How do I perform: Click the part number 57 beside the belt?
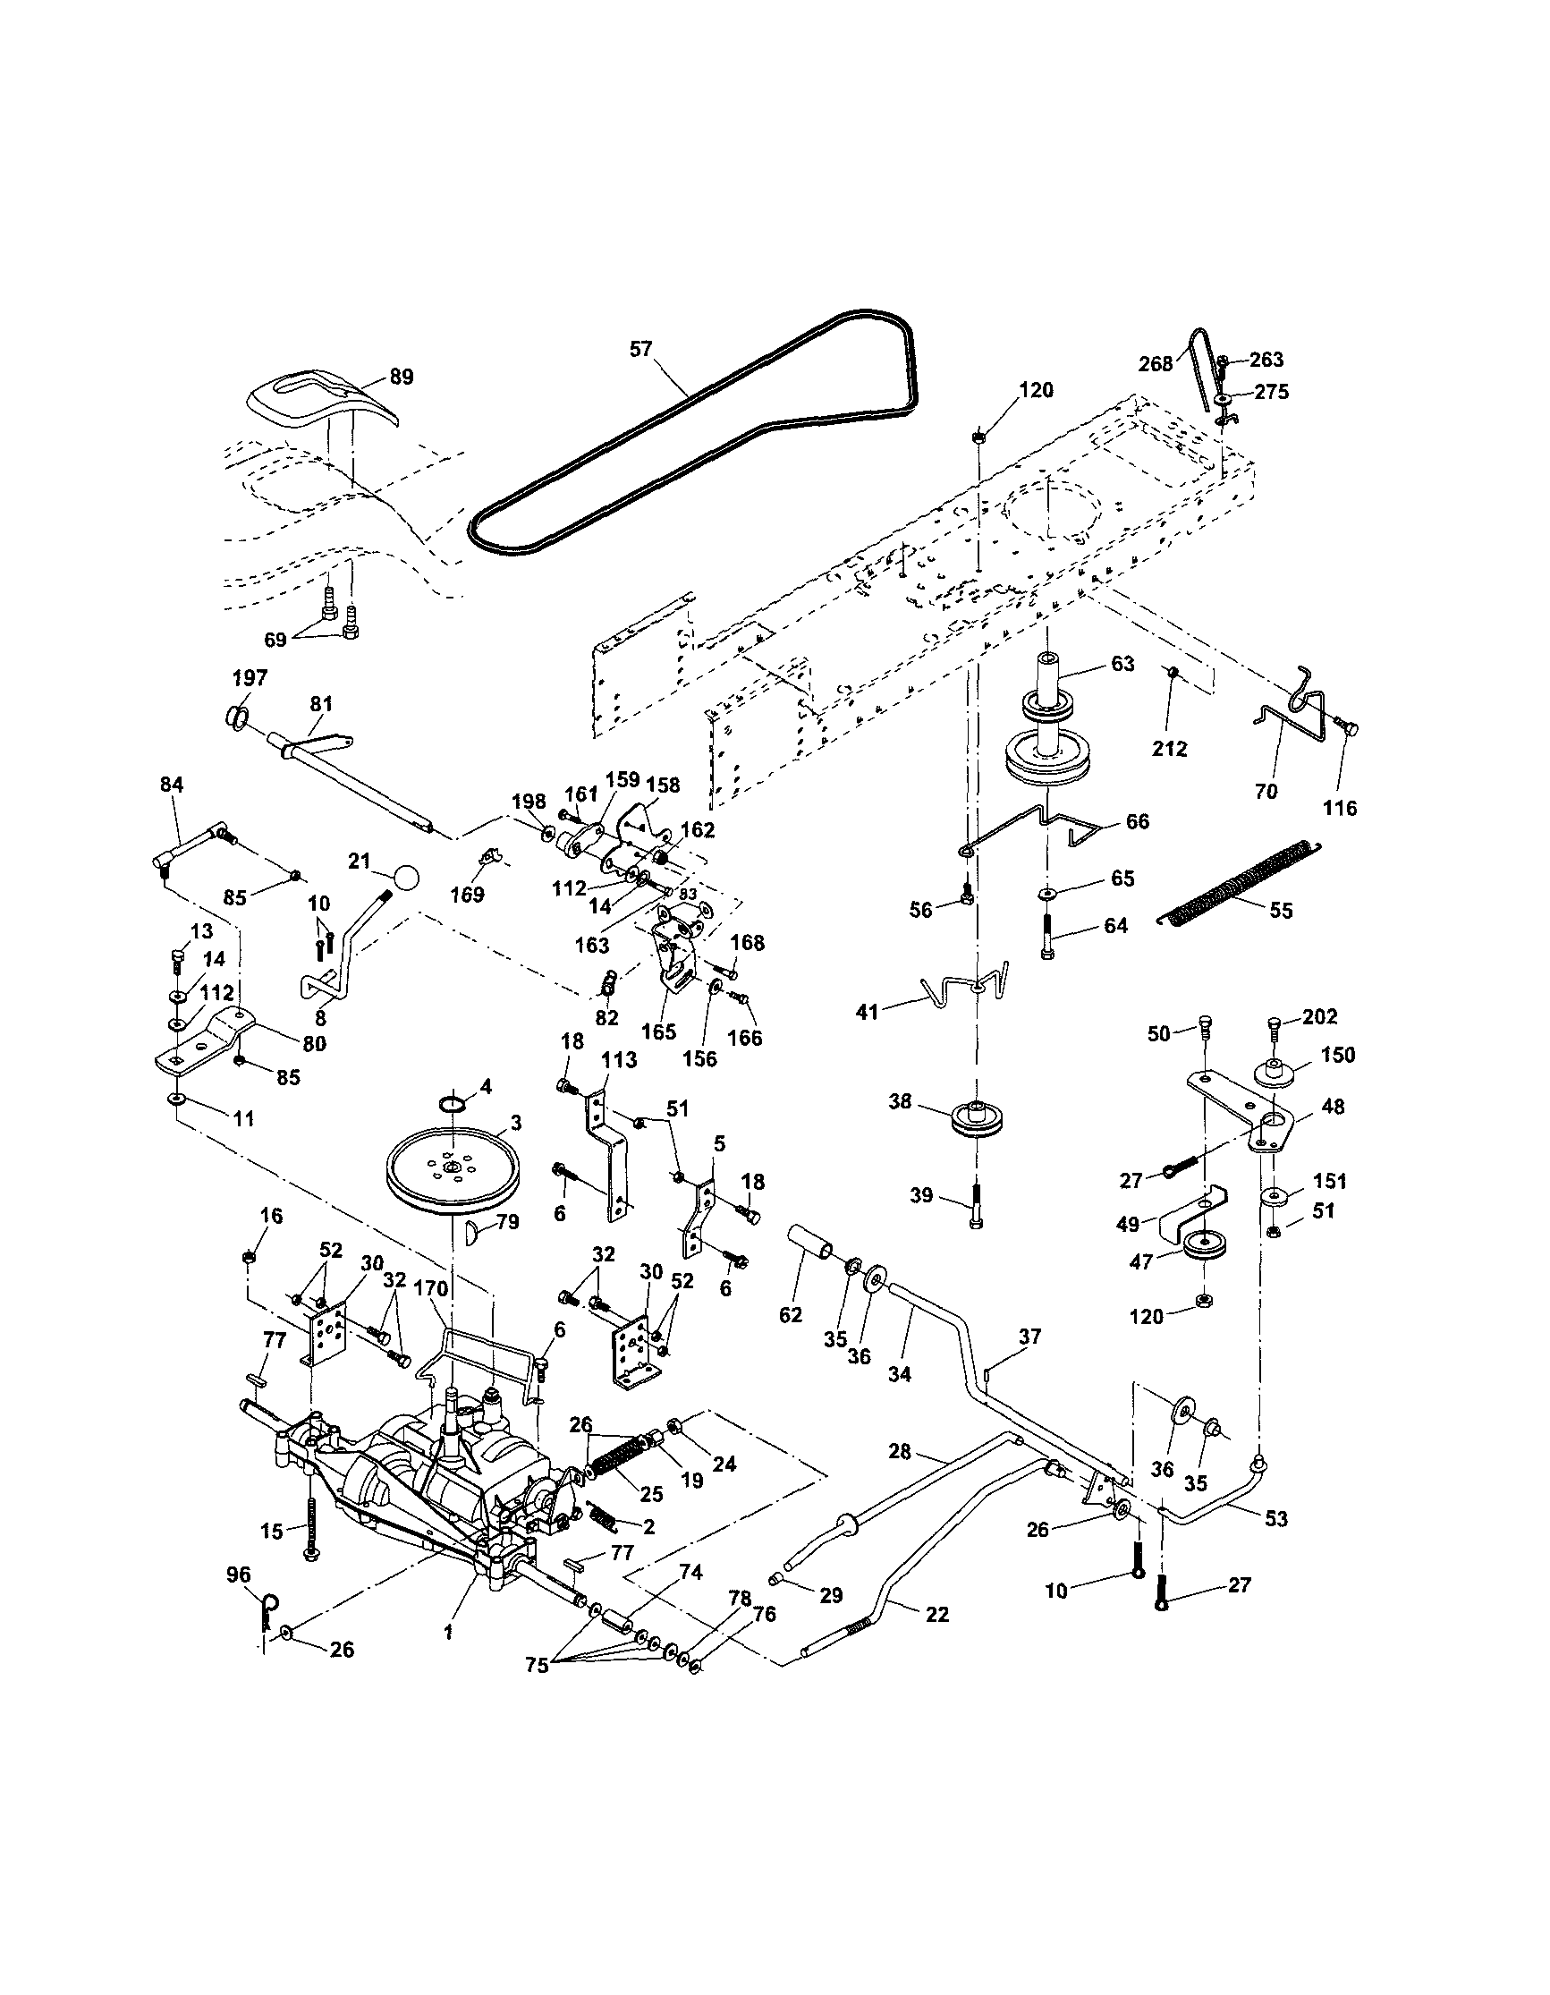(x=641, y=349)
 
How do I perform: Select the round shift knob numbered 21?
(x=407, y=878)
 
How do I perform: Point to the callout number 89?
(x=401, y=377)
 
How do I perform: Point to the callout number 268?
(x=1155, y=363)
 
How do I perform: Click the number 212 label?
(x=1169, y=748)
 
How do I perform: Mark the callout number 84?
(x=172, y=784)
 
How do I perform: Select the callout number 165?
(x=658, y=1032)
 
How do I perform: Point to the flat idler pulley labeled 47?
(x=1203, y=1248)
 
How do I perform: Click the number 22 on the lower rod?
(x=937, y=1614)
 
